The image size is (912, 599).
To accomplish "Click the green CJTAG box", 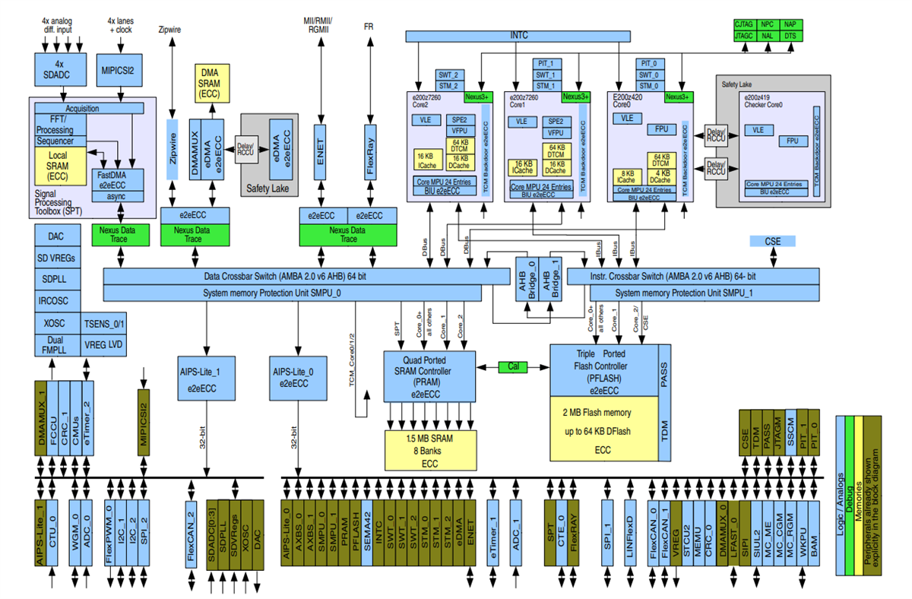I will pyautogui.click(x=743, y=25).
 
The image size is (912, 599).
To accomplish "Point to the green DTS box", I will pyautogui.click(x=790, y=35).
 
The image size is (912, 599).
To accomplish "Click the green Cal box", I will pyautogui.click(x=513, y=367).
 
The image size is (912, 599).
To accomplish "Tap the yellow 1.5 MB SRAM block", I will pyautogui.click(x=429, y=451).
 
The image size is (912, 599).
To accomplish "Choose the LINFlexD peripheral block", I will pyautogui.click(x=630, y=532).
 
